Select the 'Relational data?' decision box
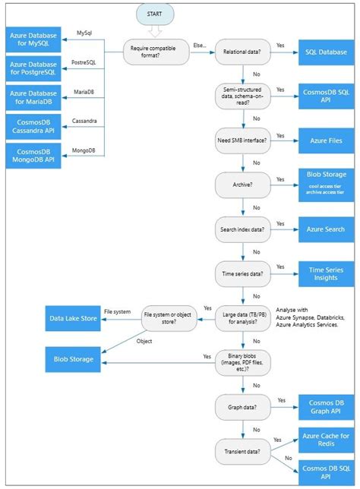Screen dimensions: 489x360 pos(242,52)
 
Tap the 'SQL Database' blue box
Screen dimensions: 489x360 pos(326,52)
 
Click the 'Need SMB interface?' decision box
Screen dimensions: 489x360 pos(242,140)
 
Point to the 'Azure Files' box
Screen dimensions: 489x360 pos(326,140)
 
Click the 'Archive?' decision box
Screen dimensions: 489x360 pos(242,185)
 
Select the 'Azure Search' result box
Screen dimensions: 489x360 pos(326,229)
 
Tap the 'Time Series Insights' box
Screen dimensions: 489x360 pos(326,273)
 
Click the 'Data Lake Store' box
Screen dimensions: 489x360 pos(73,320)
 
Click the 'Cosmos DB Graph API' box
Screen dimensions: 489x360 pos(326,406)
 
